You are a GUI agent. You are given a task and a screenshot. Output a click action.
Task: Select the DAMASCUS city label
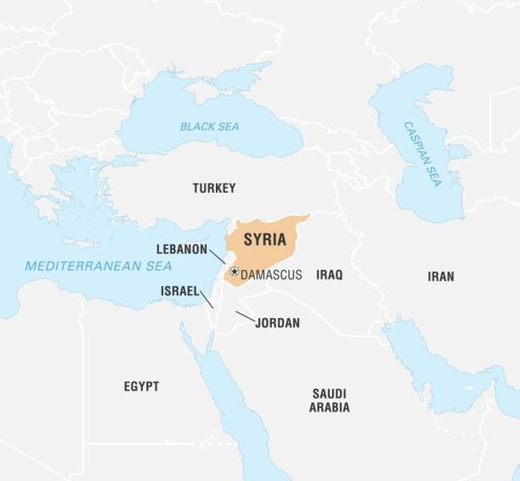[271, 275]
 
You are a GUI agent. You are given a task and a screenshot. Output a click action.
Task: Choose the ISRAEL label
[180, 291]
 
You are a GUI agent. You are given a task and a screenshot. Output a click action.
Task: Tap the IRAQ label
[329, 275]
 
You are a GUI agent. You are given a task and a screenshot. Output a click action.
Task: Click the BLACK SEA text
[210, 127]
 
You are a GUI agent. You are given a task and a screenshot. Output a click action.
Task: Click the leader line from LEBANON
[217, 257]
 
